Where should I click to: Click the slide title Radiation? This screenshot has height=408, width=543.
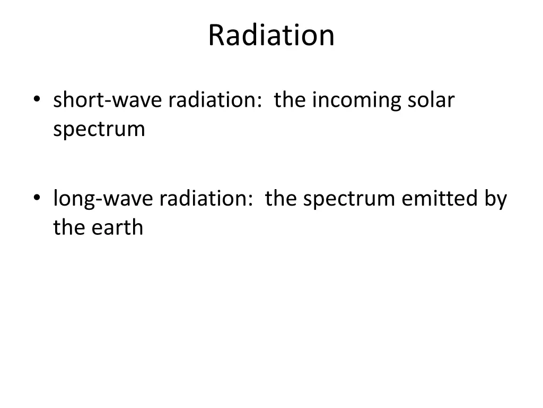coord(271,36)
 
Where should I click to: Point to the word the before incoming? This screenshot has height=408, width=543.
coord(290,100)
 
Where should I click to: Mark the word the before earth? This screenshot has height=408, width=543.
coord(68,227)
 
